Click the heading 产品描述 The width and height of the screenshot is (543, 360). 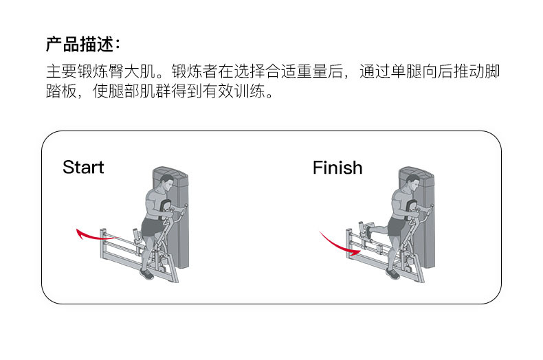tap(82, 45)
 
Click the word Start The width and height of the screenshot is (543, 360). tap(83, 167)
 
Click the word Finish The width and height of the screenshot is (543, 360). tap(337, 167)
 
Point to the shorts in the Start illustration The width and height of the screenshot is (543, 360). tap(153, 226)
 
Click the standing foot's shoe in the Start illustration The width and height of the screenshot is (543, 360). tap(146, 273)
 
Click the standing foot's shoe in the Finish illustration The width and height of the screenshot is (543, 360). tap(392, 273)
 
